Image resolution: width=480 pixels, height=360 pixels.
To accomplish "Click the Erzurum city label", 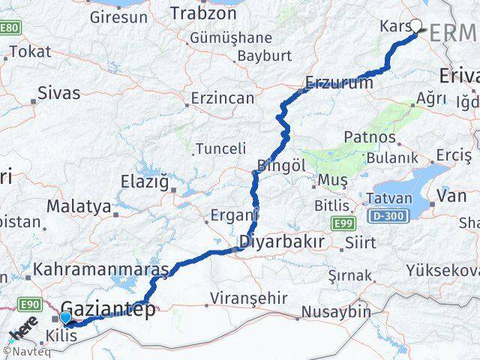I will [339, 82].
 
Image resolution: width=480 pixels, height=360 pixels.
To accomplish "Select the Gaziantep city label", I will [108, 307].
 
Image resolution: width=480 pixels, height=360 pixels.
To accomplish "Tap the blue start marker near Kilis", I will [67, 318].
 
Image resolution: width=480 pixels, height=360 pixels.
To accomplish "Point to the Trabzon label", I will [203, 13].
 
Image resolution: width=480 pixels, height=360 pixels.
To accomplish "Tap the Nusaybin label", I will [336, 311].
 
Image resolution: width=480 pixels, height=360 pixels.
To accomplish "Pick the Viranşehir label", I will [244, 295].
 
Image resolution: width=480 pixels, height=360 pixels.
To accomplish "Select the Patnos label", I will [369, 137].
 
